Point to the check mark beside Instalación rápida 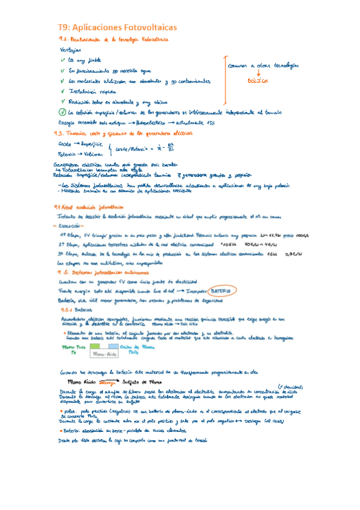point(63,91)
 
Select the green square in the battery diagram point(94,348)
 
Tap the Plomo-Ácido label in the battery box point(106,355)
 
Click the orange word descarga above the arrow point(108,381)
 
